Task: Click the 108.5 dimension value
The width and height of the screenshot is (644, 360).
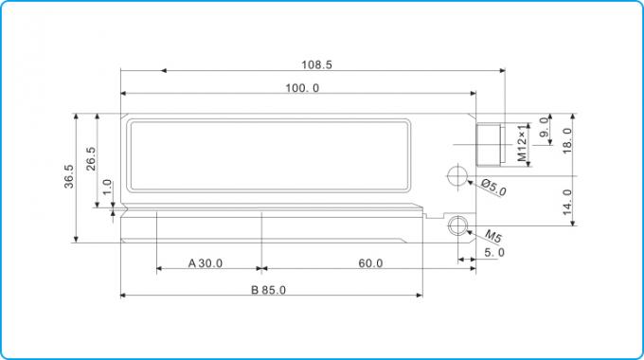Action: click(317, 65)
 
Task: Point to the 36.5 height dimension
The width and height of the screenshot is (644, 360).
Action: click(69, 178)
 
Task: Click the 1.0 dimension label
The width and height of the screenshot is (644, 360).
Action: click(106, 188)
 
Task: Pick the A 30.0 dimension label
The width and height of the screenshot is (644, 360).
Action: click(205, 263)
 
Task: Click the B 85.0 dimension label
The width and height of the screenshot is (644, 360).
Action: click(268, 290)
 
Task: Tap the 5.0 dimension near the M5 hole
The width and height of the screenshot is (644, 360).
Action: click(494, 253)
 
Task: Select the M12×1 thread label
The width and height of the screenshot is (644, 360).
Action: click(522, 143)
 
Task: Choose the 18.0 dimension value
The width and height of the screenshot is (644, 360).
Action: click(567, 141)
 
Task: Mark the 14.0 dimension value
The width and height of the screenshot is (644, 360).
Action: click(567, 203)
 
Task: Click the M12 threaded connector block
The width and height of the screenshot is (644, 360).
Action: click(491, 144)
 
